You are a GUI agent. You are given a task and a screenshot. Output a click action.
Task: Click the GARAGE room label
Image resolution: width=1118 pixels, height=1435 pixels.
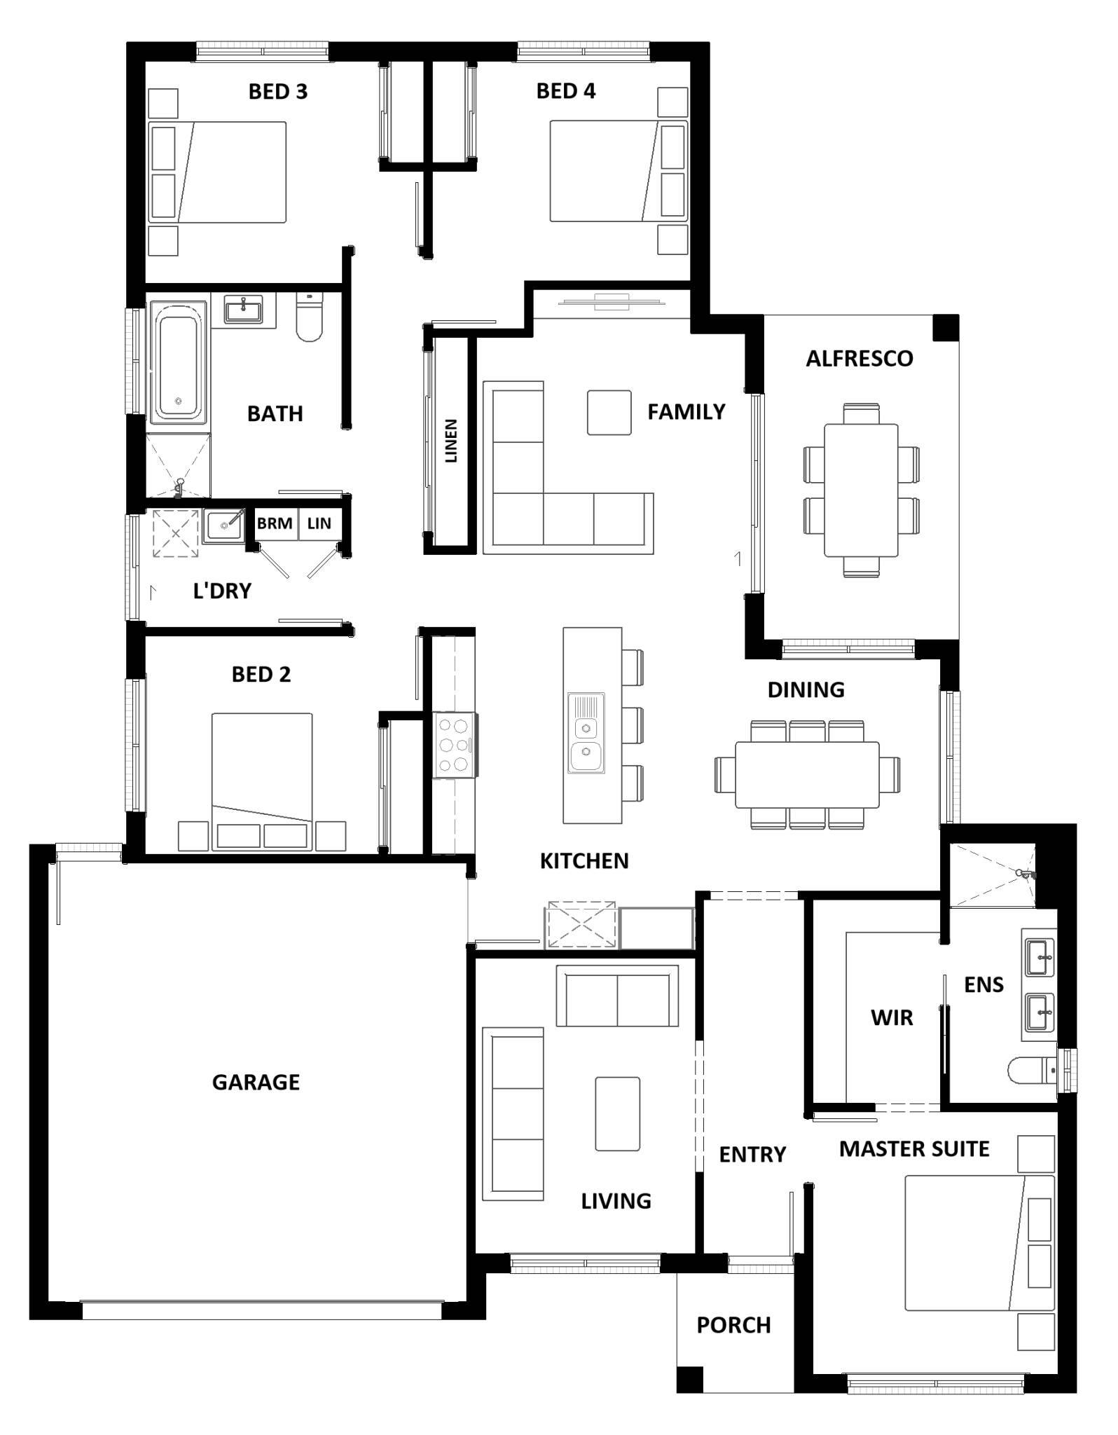coord(256,1082)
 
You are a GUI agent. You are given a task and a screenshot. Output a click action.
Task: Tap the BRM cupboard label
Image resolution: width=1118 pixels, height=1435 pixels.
coord(274,523)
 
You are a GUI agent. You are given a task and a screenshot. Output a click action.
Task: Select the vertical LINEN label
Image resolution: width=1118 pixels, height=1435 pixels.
coord(451,441)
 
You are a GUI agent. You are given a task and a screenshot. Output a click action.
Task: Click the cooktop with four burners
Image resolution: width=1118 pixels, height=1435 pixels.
coord(453,744)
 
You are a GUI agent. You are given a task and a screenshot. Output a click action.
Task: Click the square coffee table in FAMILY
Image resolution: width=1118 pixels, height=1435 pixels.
coord(609,412)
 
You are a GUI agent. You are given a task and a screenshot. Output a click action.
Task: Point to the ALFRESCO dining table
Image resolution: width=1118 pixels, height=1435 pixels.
coord(861,490)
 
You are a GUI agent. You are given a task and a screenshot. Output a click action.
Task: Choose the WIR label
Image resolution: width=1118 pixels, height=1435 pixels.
coord(892,1017)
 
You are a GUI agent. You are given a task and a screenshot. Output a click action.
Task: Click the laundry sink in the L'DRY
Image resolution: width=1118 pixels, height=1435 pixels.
coord(223,526)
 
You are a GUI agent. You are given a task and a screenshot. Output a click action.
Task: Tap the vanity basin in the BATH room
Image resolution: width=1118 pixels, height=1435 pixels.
coord(243,309)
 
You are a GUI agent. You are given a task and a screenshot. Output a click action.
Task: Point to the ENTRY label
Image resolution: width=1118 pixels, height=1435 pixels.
coord(752,1154)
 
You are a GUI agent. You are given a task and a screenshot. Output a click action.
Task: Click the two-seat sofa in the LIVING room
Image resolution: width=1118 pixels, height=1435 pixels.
coord(617,996)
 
